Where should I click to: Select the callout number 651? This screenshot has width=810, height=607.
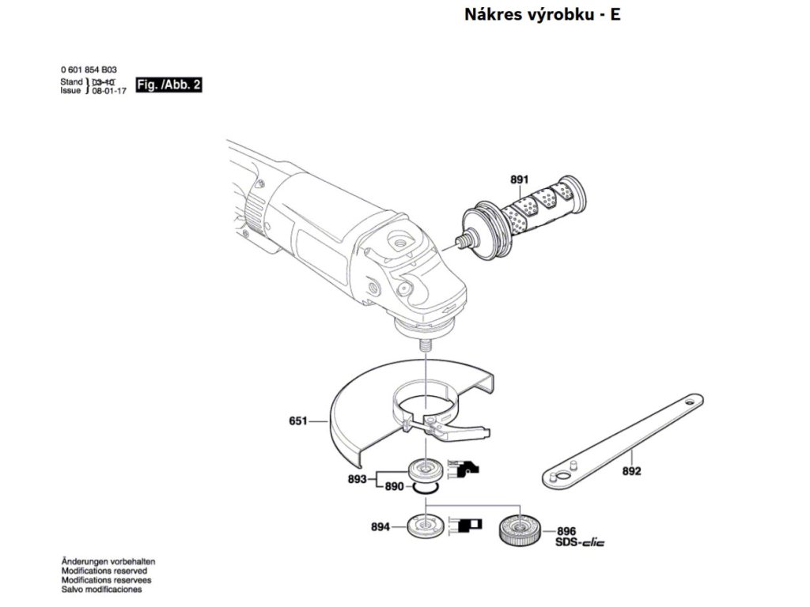tap(298, 422)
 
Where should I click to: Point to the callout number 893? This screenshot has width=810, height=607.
tap(358, 479)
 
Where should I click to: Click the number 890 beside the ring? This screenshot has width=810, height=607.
tap(395, 487)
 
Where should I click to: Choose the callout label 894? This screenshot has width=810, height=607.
tap(380, 526)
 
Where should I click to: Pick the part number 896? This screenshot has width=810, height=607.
tap(566, 532)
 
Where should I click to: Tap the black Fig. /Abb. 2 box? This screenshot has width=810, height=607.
tap(168, 85)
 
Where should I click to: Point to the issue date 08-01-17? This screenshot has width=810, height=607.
tap(109, 92)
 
